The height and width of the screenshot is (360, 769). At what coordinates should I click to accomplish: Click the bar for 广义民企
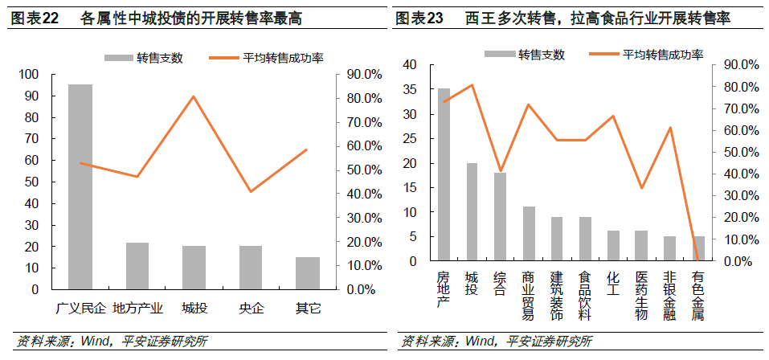pyautogui.click(x=80, y=186)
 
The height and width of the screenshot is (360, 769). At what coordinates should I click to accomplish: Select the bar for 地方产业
pyautogui.click(x=137, y=265)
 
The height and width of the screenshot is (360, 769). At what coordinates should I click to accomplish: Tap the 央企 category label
pyautogui.click(x=250, y=307)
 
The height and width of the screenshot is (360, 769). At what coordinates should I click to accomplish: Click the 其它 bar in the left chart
pyautogui.click(x=307, y=272)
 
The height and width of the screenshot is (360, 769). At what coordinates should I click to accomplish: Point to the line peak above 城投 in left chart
pyautogui.click(x=194, y=97)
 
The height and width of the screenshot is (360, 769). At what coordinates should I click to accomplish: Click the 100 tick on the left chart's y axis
pyautogui.click(x=28, y=75)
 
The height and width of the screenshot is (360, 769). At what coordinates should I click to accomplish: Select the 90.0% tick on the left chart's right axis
pyautogui.click(x=363, y=75)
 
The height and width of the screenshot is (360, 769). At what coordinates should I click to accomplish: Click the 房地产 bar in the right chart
pyautogui.click(x=444, y=174)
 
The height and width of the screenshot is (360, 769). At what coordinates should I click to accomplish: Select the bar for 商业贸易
pyautogui.click(x=529, y=234)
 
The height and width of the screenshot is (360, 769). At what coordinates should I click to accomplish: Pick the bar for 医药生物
pyautogui.click(x=641, y=246)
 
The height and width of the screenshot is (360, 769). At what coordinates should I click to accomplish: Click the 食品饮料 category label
pyautogui.click(x=585, y=295)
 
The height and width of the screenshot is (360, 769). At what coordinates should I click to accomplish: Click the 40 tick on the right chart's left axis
pyautogui.click(x=411, y=64)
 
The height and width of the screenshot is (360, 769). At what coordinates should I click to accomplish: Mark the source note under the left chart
pyautogui.click(x=112, y=341)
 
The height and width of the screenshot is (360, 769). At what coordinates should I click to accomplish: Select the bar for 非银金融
pyautogui.click(x=669, y=248)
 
